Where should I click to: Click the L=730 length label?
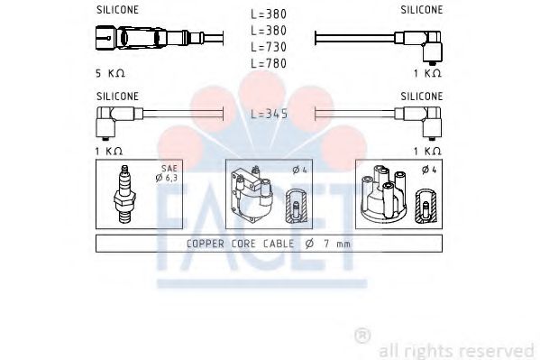(269, 47)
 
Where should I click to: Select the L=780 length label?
(269, 63)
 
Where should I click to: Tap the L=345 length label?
(269, 114)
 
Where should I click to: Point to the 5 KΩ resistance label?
(110, 73)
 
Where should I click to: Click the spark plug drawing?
(124, 194)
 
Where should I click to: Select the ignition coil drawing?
(252, 194)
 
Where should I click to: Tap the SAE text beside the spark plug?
(169, 169)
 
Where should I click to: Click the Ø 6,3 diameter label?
(167, 178)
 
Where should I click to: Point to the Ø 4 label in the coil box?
(300, 170)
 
